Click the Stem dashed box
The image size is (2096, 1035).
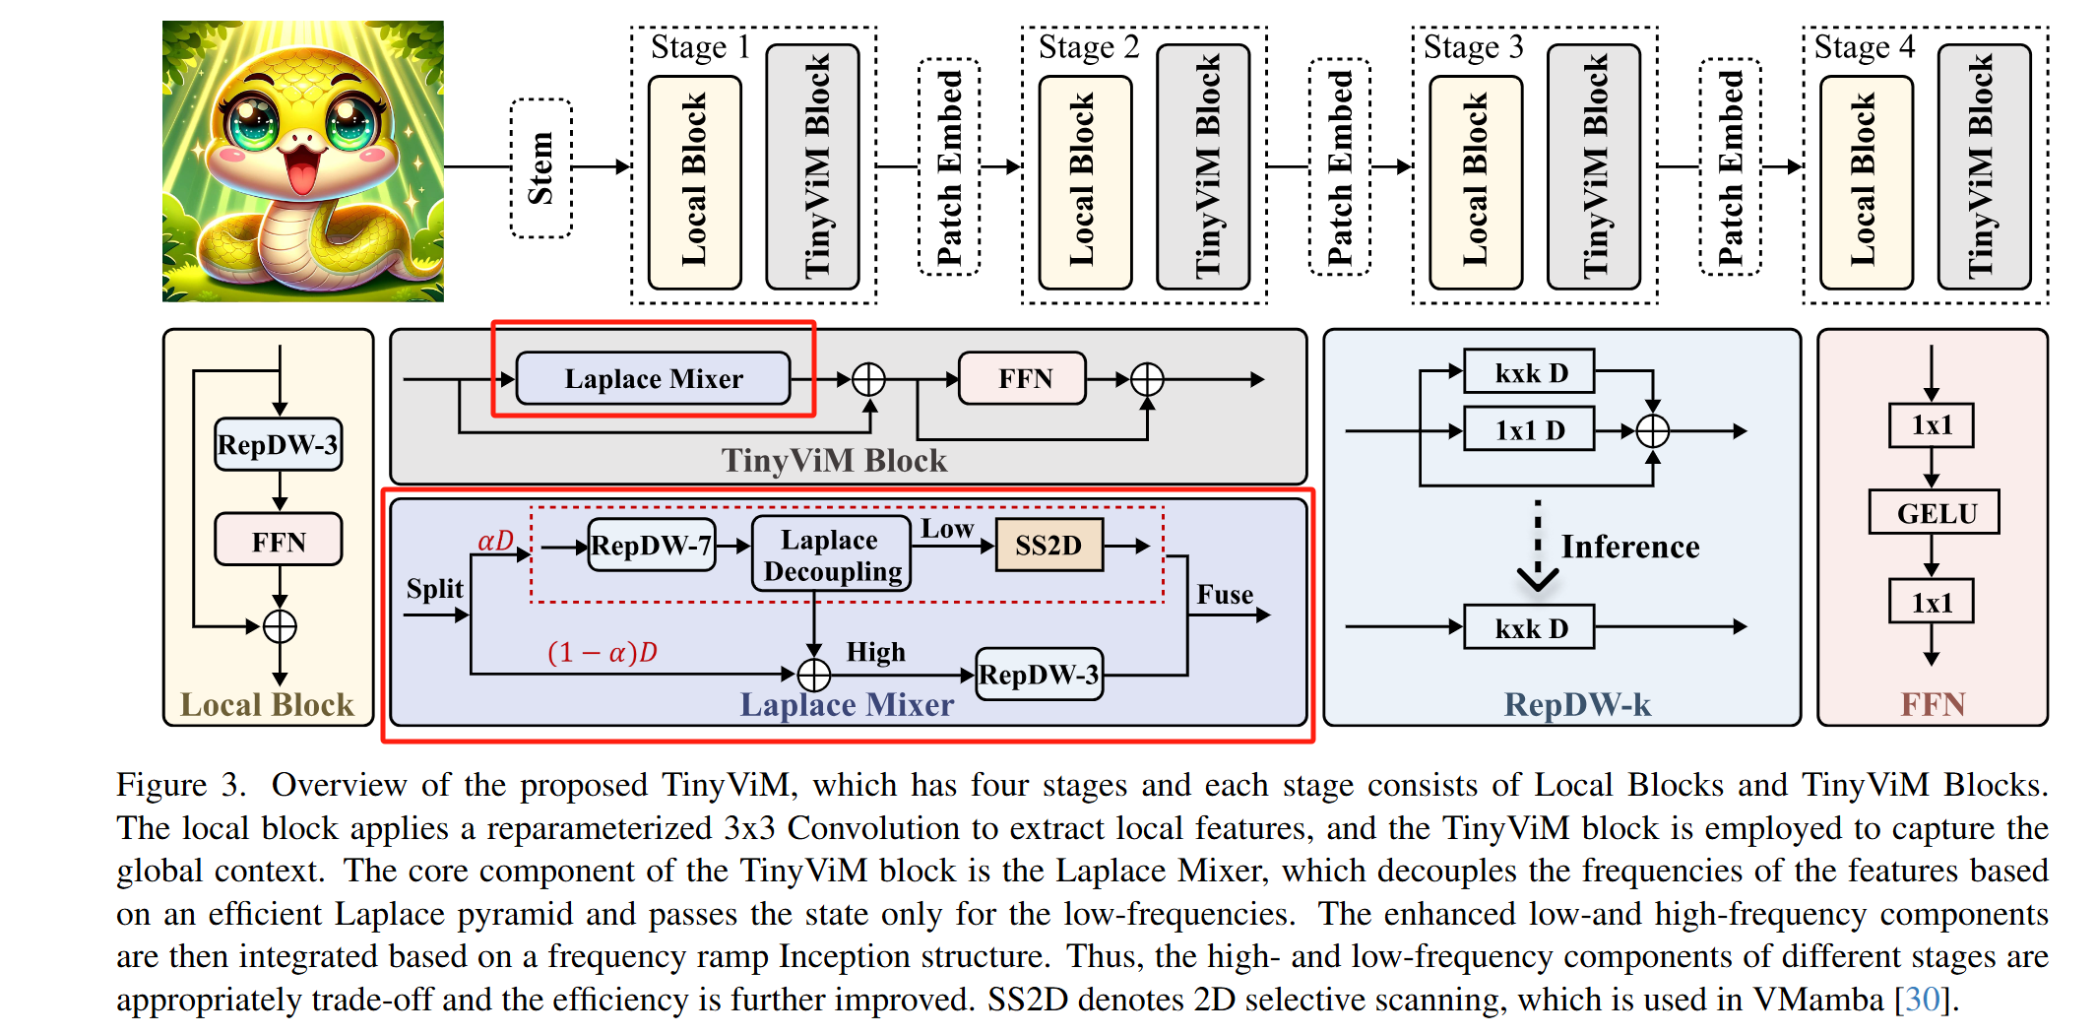(540, 167)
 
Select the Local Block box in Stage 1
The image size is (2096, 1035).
(694, 181)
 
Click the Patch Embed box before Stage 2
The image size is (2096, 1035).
(948, 167)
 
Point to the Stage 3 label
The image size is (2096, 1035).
(1473, 47)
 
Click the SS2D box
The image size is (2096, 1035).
(1048, 546)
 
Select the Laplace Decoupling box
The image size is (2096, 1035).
(831, 555)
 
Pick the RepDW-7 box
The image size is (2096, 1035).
(652, 546)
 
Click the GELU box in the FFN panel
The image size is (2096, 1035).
(1934, 513)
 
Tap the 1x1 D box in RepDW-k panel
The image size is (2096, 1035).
(1529, 430)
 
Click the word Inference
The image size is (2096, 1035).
(1629, 547)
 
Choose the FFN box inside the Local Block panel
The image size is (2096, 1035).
(279, 541)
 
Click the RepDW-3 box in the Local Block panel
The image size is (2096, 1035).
(279, 445)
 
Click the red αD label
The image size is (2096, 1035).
(495, 541)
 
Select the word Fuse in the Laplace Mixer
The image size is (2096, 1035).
(1225, 595)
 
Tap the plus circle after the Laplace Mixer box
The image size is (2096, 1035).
(868, 379)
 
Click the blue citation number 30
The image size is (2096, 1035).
(1924, 1000)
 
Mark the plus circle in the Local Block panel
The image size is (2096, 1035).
(280, 626)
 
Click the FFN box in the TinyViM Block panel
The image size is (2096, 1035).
(1024, 379)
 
